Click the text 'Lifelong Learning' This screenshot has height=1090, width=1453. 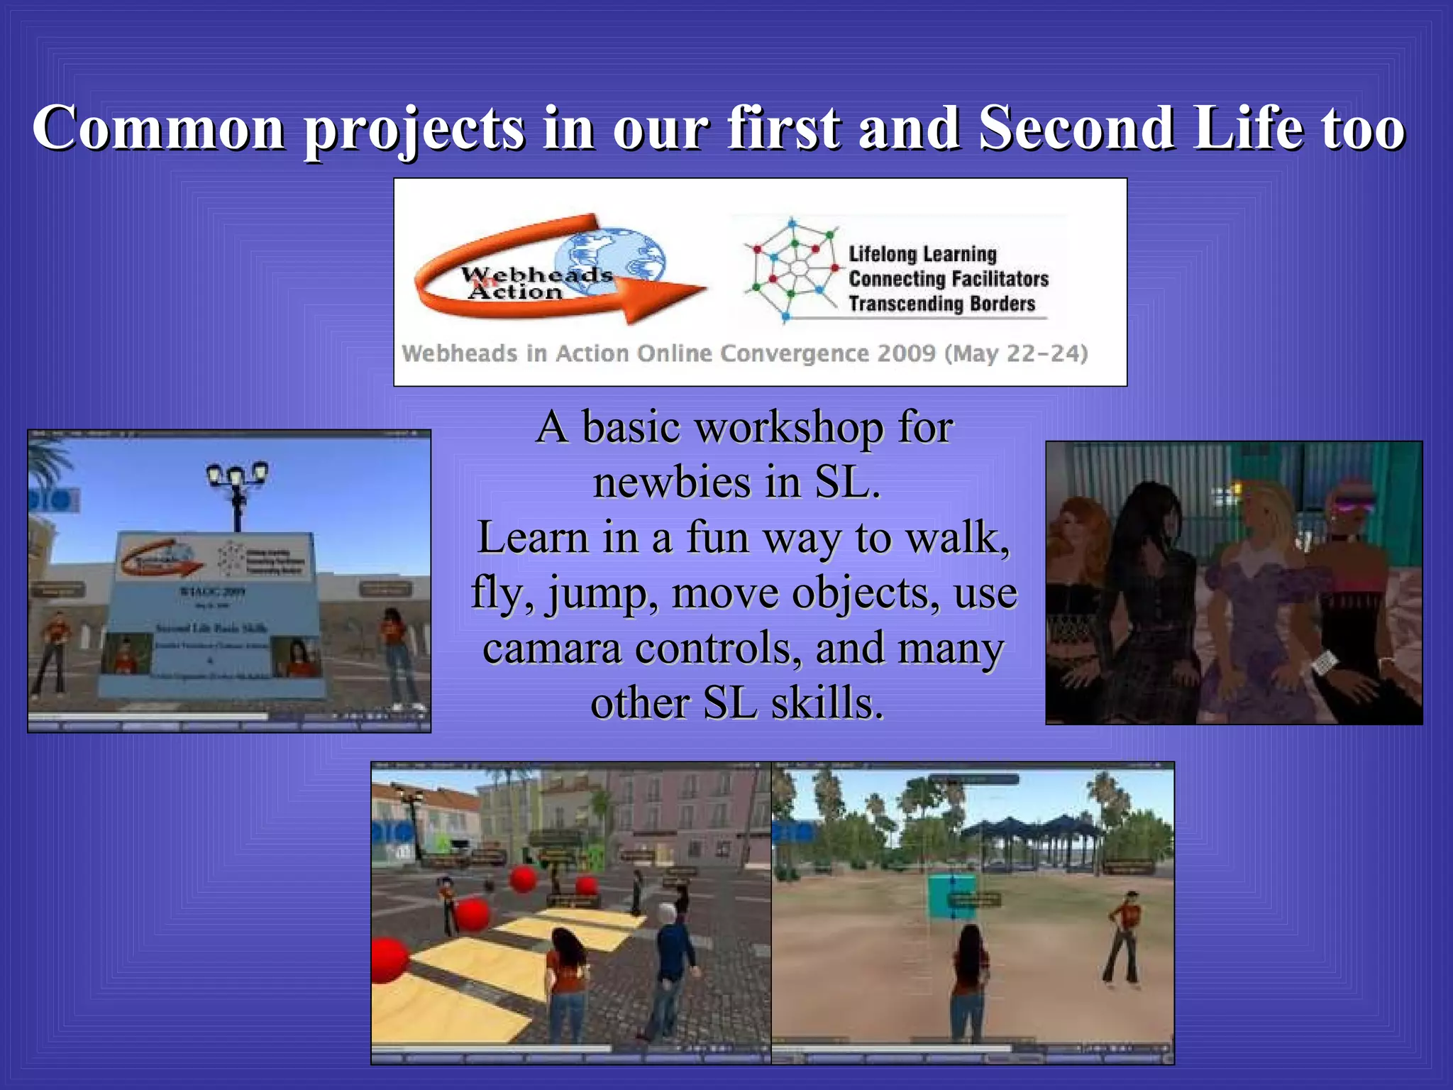[x=922, y=253]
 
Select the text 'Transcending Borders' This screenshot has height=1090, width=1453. [x=942, y=304]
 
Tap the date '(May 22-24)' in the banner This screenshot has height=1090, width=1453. [x=1016, y=353]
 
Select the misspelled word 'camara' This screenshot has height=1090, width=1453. [x=551, y=648]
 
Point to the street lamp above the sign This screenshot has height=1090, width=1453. [x=237, y=490]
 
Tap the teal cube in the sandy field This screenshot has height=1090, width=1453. [x=952, y=896]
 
